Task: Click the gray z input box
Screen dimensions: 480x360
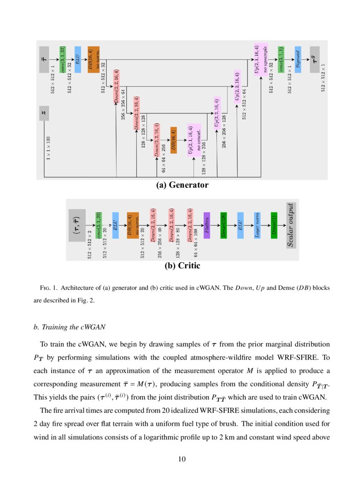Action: (44, 112)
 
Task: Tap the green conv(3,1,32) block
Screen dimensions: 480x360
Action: (63, 59)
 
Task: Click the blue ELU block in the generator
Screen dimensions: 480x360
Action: (77, 59)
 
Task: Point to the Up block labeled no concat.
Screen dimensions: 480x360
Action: (194, 139)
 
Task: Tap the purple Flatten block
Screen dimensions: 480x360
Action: (207, 225)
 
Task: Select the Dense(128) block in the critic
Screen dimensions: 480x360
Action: (223, 225)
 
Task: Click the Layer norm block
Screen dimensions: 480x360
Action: (257, 225)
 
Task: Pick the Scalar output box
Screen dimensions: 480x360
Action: (291, 225)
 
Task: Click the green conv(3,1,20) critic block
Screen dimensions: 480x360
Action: (98, 225)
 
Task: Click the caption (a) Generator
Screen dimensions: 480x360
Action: (182, 185)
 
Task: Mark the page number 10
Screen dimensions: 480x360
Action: (182, 459)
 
